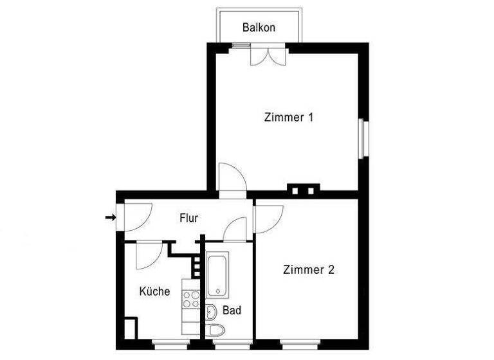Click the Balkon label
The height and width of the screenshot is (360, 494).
(x=259, y=28)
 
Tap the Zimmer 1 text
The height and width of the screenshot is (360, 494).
(x=289, y=118)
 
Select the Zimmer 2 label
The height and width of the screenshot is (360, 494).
(x=309, y=270)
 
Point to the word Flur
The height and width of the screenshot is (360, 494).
(x=188, y=218)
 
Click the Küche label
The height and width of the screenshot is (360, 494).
(x=155, y=291)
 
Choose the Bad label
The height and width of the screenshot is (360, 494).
(x=232, y=310)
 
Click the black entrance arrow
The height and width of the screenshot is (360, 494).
(x=110, y=218)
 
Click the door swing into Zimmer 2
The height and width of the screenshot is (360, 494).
(x=267, y=217)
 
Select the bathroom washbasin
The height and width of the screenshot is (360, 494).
(x=212, y=312)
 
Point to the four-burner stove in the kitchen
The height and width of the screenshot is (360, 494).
(x=191, y=298)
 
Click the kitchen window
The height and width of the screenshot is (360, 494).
(x=170, y=341)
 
